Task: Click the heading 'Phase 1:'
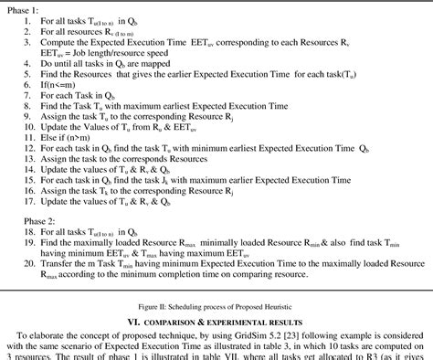[23, 6]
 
